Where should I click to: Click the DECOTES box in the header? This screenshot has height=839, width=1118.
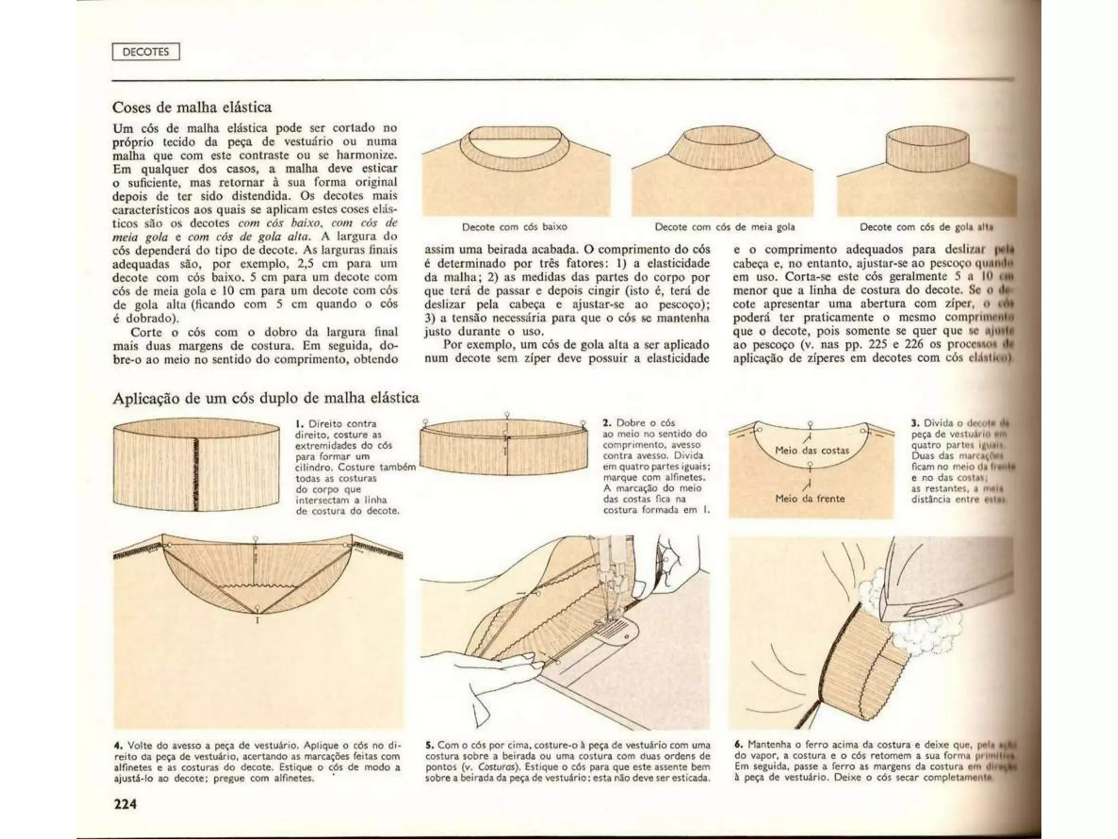[x=146, y=52]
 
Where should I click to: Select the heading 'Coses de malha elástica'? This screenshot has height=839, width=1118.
[x=192, y=107]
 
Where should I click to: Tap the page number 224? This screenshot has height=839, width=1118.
[x=125, y=803]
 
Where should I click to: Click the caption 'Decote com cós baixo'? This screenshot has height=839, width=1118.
[x=514, y=227]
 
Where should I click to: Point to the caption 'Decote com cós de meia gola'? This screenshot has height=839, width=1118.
[x=724, y=227]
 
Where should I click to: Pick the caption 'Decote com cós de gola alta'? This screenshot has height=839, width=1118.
[x=926, y=227]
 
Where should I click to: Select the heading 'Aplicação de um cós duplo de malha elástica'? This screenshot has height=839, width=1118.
[x=265, y=398]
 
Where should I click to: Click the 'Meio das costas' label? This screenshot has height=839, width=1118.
[x=812, y=451]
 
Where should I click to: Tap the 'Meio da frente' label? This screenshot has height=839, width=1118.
[x=810, y=499]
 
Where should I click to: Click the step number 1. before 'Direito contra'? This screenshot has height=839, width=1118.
[x=299, y=424]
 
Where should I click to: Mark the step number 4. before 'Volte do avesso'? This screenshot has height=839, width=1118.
[x=117, y=746]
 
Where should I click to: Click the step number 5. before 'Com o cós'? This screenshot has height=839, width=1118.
[x=429, y=745]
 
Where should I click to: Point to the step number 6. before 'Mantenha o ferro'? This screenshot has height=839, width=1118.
[x=739, y=745]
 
